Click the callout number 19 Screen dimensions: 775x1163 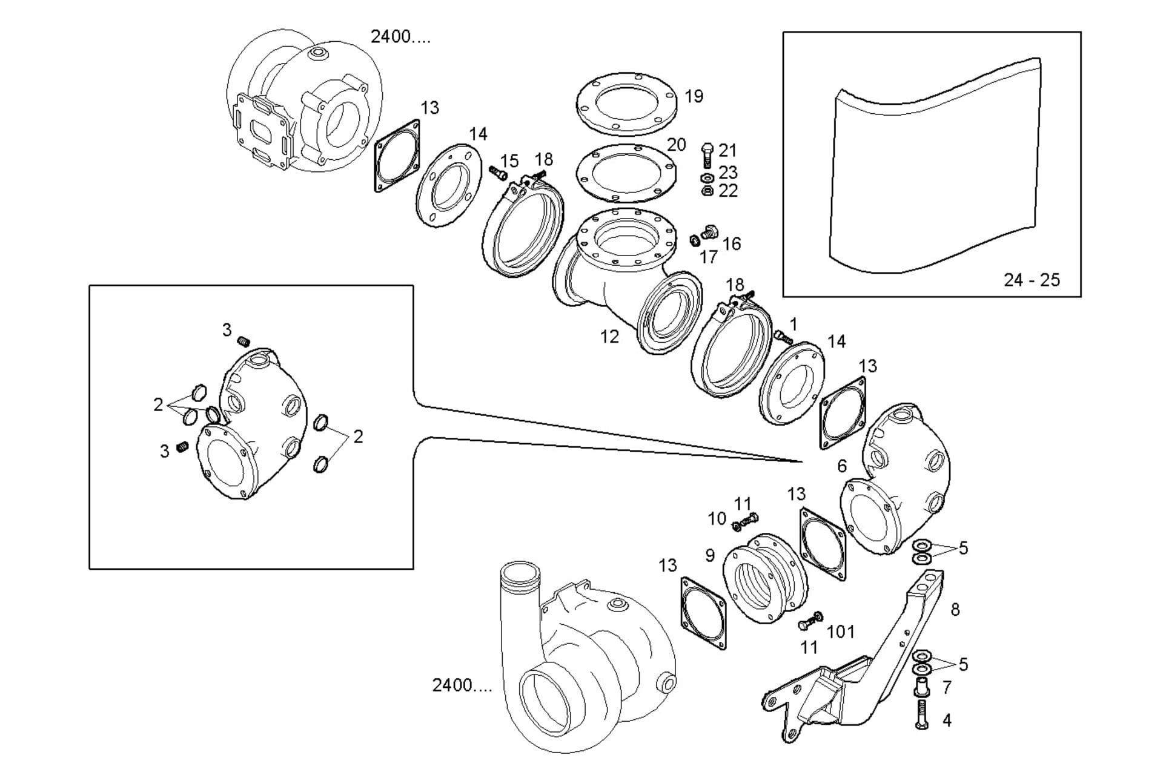pyautogui.click(x=694, y=96)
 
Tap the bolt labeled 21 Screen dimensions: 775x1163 pyautogui.click(x=707, y=156)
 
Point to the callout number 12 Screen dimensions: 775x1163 pyautogui.click(x=609, y=337)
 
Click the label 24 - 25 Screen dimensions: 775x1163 pyautogui.click(x=1032, y=280)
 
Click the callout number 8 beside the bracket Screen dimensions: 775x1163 pyautogui.click(x=955, y=609)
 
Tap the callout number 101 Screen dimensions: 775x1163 pyautogui.click(x=841, y=632)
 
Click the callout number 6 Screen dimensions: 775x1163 pyautogui.click(x=842, y=466)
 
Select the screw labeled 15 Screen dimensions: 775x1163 pyautogui.click(x=499, y=174)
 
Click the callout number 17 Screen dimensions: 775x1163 pyautogui.click(x=708, y=257)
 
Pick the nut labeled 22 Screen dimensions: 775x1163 pyautogui.click(x=706, y=191)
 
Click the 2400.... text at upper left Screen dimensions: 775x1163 pyautogui.click(x=400, y=37)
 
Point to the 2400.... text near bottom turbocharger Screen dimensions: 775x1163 pyautogui.click(x=462, y=685)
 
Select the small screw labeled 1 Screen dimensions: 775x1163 pyautogui.click(x=783, y=337)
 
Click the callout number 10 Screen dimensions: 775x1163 pyautogui.click(x=717, y=519)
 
